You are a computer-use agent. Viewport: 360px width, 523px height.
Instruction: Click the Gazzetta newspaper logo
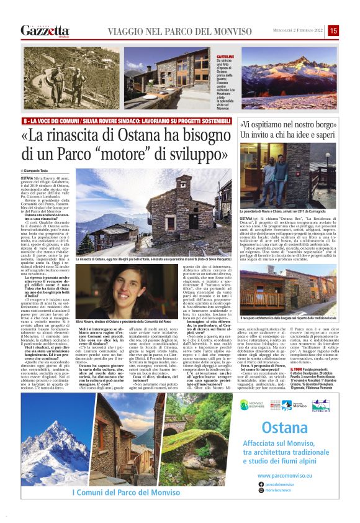pos(45,30)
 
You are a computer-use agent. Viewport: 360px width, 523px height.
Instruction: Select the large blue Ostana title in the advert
pos(285,429)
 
